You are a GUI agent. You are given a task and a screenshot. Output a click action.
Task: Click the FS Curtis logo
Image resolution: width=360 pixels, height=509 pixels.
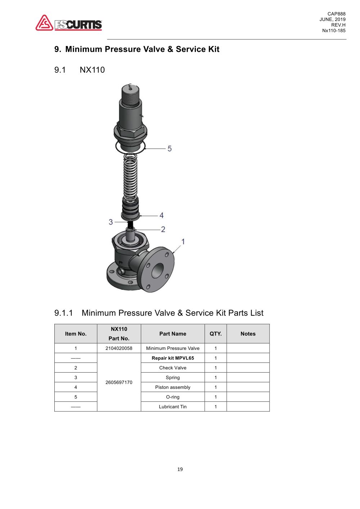[69, 23]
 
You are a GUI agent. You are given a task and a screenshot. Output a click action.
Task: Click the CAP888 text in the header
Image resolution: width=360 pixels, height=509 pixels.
[336, 14]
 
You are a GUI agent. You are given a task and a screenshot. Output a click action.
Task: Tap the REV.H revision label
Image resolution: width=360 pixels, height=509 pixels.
[338, 25]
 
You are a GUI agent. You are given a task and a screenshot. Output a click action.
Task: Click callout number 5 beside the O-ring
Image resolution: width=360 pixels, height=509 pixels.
[170, 149]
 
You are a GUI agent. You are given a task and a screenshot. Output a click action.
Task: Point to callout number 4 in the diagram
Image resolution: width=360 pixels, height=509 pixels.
[162, 215]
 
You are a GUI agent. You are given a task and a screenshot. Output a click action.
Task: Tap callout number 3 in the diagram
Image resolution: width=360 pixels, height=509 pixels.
[111, 222]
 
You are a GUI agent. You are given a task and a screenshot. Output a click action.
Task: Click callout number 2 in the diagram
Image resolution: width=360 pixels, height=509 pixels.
[163, 229]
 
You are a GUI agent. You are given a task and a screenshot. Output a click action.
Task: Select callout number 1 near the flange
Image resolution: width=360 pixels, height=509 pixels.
[183, 242]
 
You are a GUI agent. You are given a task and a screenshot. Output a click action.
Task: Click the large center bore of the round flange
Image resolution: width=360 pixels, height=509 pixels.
[157, 270]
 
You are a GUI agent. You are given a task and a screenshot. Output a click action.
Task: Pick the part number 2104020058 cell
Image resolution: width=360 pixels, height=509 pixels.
[119, 348]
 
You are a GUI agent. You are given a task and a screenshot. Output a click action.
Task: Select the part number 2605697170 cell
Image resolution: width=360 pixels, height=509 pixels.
[119, 382]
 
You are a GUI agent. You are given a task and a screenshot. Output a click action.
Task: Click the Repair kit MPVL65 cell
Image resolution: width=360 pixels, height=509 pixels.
[173, 358]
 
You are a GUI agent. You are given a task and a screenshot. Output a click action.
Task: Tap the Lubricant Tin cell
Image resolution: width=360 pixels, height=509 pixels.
[173, 407]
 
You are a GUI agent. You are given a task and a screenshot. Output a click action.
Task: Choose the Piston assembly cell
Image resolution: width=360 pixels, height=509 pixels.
[173, 387]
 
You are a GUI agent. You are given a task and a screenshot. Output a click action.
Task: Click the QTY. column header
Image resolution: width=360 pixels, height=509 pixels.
[216, 334]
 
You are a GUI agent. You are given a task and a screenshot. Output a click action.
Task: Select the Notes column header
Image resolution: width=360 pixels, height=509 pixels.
[248, 334]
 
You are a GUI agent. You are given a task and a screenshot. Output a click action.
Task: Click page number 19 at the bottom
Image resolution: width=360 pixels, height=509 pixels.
[180, 469]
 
